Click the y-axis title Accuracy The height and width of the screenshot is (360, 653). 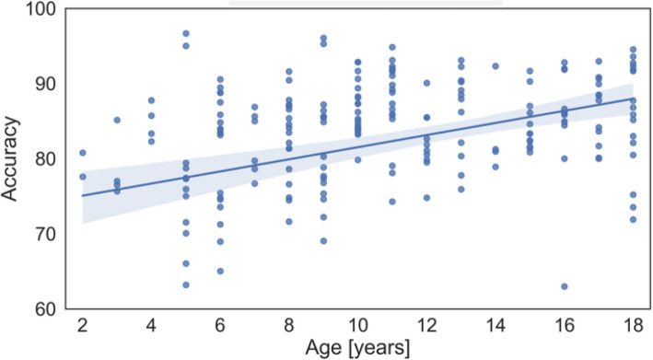click(10, 158)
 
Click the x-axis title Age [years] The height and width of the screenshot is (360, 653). click(357, 347)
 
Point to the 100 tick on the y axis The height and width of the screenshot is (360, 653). click(41, 8)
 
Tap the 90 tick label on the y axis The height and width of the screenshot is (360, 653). click(45, 84)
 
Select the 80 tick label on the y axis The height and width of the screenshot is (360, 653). click(45, 159)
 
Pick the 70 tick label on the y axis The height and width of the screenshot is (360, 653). click(45, 234)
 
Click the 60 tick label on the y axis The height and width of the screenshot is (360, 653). click(45, 309)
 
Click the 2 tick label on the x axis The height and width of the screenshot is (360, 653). click(83, 325)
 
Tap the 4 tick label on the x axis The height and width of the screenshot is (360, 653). click(151, 325)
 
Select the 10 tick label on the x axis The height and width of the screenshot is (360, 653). click(357, 325)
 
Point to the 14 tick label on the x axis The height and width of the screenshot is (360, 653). click(496, 325)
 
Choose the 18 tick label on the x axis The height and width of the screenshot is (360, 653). click(633, 325)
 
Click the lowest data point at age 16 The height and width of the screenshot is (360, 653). click(565, 286)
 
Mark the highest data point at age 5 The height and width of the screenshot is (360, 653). click(186, 33)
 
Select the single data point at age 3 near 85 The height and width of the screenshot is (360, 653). click(117, 120)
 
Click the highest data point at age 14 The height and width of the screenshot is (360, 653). click(496, 65)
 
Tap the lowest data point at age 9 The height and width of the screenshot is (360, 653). click(323, 240)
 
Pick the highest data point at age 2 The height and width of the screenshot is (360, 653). click(83, 153)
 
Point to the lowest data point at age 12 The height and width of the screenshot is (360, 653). click(426, 198)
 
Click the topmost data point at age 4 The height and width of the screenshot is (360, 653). click(152, 100)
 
